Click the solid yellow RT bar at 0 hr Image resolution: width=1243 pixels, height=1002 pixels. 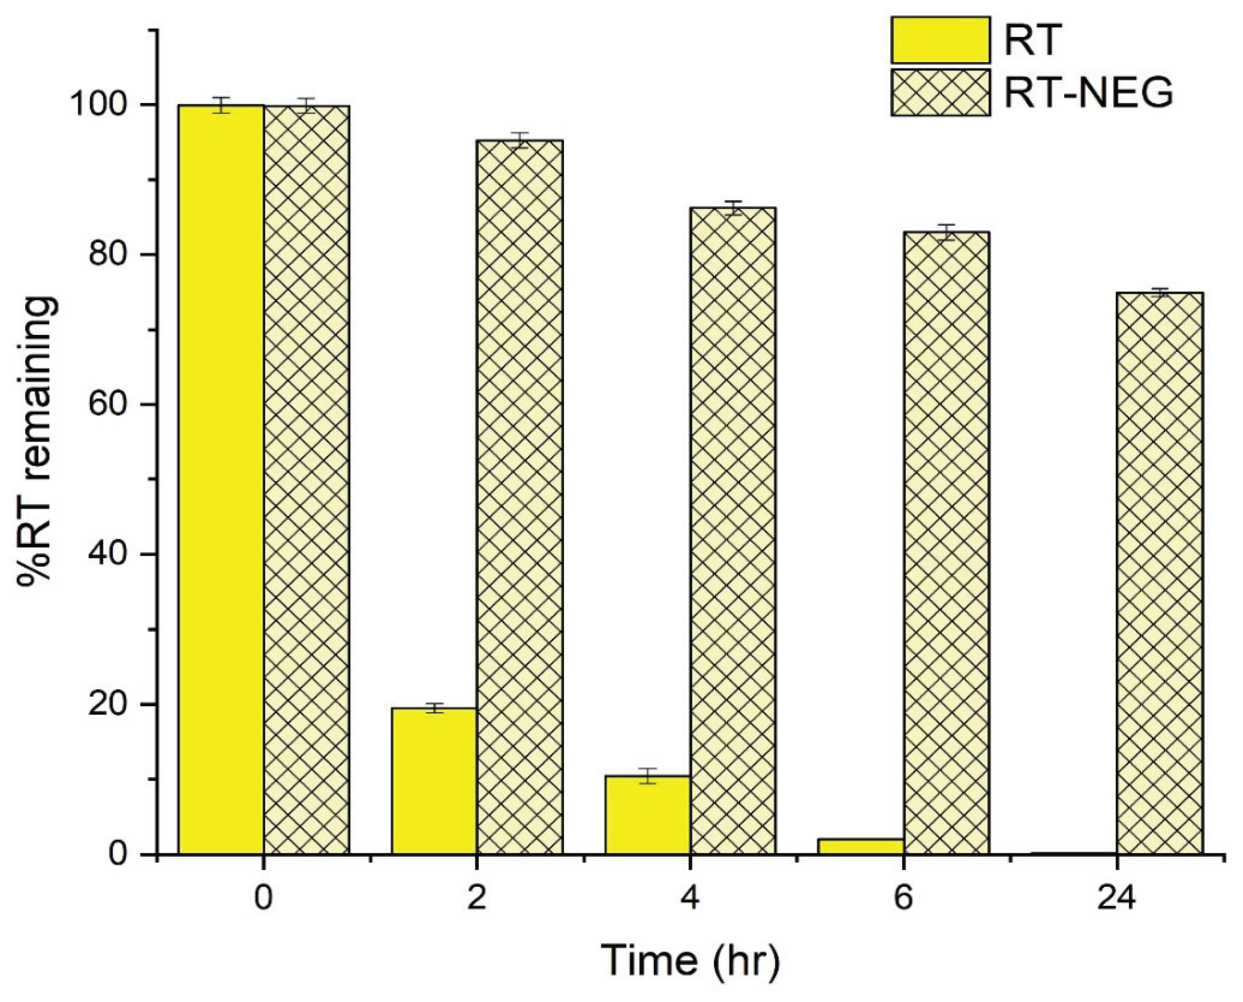(x=221, y=479)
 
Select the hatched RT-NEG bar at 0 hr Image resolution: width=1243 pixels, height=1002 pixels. (x=306, y=479)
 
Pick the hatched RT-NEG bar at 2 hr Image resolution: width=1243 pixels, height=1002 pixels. (x=520, y=497)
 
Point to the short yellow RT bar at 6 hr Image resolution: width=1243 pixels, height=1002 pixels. (x=861, y=846)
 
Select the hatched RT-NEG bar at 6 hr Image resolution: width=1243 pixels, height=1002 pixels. (x=946, y=542)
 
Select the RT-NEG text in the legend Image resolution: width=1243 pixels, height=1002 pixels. (x=1088, y=93)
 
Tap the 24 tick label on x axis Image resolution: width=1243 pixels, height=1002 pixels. (x=1116, y=898)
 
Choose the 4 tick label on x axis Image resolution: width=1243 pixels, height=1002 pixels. (x=690, y=898)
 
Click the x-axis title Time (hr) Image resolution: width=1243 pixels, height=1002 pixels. (x=690, y=961)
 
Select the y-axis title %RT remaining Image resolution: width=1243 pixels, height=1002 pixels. (x=38, y=442)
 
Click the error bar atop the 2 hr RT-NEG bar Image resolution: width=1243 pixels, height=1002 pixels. (x=520, y=140)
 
